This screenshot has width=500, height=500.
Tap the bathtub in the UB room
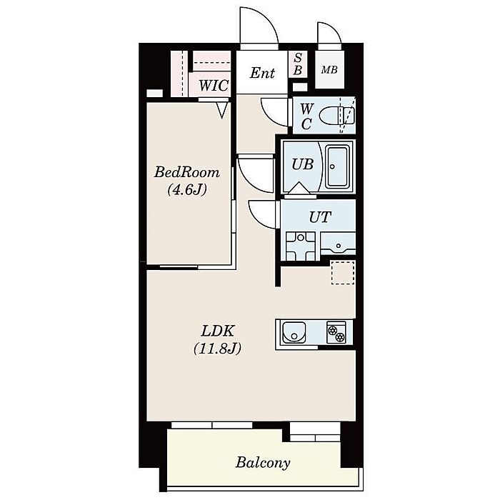tap(339, 166)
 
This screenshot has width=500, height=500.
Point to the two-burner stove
tap(336, 333)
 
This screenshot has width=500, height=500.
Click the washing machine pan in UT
tap(301, 246)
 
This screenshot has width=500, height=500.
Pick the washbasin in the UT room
tap(338, 244)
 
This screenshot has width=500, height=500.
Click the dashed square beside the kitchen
tap(343, 272)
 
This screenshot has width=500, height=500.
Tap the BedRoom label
tap(187, 173)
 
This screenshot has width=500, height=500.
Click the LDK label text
tap(218, 331)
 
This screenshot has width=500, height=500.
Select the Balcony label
tap(263, 463)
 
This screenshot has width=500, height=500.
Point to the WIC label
tap(214, 86)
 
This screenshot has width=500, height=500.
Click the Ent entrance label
tap(262, 73)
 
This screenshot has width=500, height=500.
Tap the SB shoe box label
tap(298, 64)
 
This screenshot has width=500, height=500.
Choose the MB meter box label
tap(329, 69)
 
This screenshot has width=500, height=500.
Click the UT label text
tap(320, 217)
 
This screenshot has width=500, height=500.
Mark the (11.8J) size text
tap(217, 349)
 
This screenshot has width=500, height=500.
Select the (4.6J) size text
tap(187, 190)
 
